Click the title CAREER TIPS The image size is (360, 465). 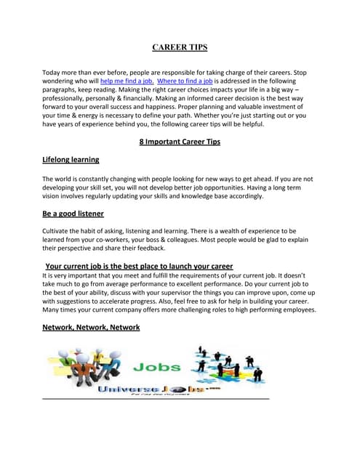pos(180,47)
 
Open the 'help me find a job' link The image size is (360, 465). pos(127,81)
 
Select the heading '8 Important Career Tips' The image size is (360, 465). pos(180,142)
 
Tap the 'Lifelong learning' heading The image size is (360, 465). pos(71,159)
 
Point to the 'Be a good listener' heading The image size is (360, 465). pos(73,214)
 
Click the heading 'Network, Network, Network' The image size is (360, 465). pos(91,328)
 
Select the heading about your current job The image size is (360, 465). pos(139,266)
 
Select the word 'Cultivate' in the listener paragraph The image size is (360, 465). pos(58,230)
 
